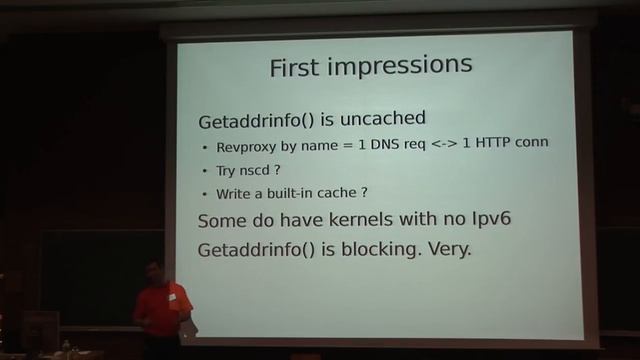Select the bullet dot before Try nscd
pos(205,170)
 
